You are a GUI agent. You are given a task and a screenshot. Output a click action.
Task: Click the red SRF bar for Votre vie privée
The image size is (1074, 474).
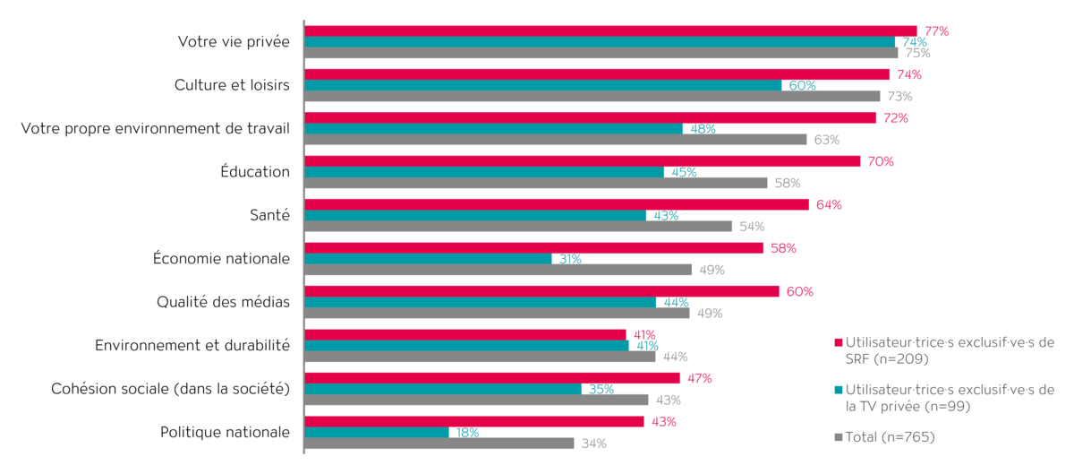[610, 31]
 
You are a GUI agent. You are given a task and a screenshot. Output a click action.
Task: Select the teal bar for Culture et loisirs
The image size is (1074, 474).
[543, 85]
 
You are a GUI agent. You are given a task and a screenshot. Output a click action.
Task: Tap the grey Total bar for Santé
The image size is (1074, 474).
[518, 227]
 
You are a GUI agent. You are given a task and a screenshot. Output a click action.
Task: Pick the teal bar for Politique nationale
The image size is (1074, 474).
[377, 433]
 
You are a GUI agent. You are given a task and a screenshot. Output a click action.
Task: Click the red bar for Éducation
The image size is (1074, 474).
[583, 161]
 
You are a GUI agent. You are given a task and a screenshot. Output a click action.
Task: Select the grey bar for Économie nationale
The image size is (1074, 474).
[499, 270]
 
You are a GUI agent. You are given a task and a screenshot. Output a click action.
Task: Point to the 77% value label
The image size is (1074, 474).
[936, 31]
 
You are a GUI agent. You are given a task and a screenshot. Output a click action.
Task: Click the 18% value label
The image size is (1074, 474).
[467, 433]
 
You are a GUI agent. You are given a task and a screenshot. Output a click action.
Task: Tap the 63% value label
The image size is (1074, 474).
[826, 140]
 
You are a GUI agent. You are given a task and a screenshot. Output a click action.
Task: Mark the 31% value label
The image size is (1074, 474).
[570, 259]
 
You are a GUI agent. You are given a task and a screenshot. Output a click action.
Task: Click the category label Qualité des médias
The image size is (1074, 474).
[223, 302]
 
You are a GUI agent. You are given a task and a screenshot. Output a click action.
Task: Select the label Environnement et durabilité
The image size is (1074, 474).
[192, 345]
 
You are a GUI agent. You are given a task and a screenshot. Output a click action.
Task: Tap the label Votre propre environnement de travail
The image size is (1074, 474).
[155, 129]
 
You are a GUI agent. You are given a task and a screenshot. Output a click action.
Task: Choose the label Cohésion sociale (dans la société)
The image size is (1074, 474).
[170, 389]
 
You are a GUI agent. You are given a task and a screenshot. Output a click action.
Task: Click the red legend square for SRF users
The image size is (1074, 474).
[838, 342]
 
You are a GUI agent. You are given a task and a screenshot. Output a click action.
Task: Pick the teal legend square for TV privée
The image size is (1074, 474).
[838, 390]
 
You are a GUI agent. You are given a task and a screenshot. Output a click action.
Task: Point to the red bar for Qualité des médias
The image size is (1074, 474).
[541, 291]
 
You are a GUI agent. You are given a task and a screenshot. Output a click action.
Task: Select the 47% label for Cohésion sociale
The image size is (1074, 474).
[699, 378]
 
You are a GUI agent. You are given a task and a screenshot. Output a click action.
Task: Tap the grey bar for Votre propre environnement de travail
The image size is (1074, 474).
[556, 140]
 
